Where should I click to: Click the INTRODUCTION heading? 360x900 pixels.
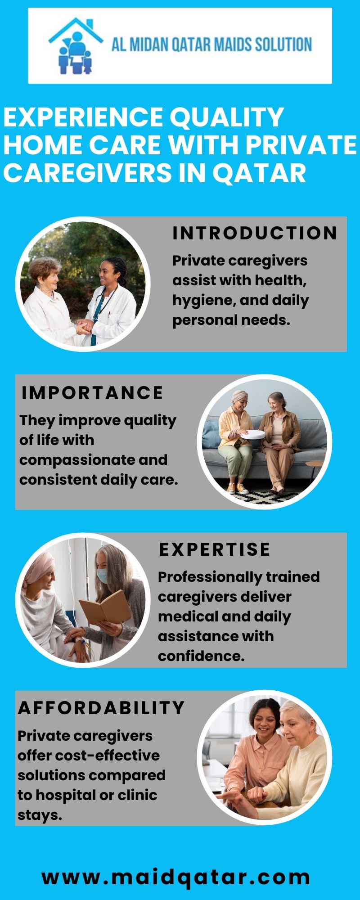pyautogui.click(x=255, y=233)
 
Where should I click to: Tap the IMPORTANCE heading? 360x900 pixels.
pyautogui.click(x=92, y=393)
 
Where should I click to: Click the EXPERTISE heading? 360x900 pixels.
pyautogui.click(x=215, y=549)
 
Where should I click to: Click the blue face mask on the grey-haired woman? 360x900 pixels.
pyautogui.click(x=103, y=575)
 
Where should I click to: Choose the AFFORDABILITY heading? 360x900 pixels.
pyautogui.click(x=101, y=708)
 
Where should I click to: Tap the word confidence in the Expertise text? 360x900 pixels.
pyautogui.click(x=201, y=656)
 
